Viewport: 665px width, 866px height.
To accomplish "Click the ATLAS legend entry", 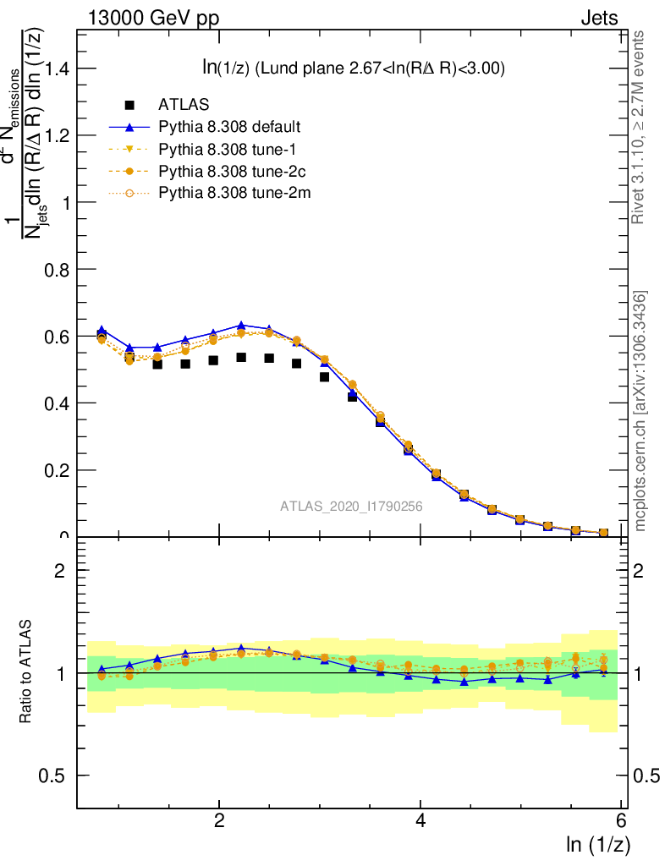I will [184, 105].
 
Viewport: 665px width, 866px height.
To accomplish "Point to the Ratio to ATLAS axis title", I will [26, 672].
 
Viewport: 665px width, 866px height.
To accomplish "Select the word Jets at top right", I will [598, 18].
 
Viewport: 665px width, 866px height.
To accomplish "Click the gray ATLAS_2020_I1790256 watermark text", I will [351, 507].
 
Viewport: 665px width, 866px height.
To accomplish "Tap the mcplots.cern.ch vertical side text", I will [640, 411].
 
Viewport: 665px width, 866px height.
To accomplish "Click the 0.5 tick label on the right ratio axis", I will [646, 776].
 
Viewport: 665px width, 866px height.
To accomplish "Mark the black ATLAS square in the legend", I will [129, 105].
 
